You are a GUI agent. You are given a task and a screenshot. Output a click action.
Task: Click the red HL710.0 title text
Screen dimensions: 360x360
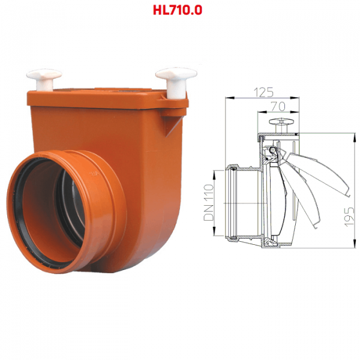178,10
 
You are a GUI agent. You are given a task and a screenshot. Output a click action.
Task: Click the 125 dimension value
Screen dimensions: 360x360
263,92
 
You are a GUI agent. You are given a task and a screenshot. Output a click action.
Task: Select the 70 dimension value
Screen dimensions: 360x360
278,106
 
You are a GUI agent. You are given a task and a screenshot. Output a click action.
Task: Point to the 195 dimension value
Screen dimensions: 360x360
349,217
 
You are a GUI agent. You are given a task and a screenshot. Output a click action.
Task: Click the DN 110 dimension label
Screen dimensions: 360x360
209,203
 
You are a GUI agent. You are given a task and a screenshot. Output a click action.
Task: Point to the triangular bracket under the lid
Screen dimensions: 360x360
172,125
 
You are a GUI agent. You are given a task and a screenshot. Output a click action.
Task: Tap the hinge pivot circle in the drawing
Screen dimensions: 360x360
272,150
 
